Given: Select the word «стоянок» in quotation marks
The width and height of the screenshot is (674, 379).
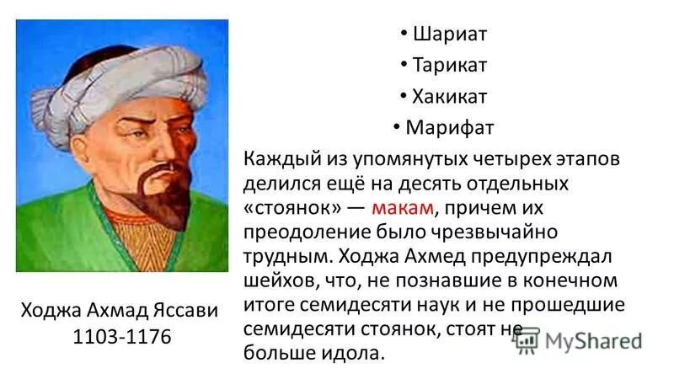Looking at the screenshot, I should point(292,206).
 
